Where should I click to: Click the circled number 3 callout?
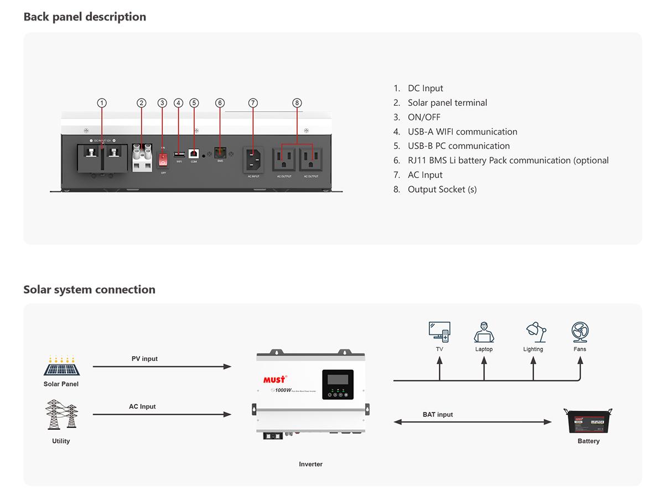click(162, 103)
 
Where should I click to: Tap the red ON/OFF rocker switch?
click(163, 159)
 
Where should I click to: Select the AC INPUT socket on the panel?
click(253, 160)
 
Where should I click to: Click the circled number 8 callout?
click(297, 103)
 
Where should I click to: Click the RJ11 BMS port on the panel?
click(220, 153)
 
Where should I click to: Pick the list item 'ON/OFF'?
click(424, 117)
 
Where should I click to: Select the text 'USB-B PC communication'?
click(459, 146)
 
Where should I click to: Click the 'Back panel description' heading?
click(85, 17)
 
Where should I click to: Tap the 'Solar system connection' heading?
click(89, 290)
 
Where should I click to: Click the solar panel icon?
click(61, 365)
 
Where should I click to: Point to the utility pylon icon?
click(61, 415)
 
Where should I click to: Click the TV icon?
click(439, 332)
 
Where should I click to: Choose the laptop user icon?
click(484, 332)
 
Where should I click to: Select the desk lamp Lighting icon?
click(535, 332)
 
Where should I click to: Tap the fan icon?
click(580, 332)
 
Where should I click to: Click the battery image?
click(588, 421)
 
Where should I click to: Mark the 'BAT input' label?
click(438, 415)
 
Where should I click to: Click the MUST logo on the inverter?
click(274, 379)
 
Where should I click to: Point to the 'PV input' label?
click(144, 359)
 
